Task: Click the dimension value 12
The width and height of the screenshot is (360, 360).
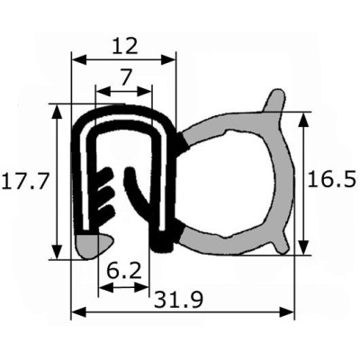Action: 125,46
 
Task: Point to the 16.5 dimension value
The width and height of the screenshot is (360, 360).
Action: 332,179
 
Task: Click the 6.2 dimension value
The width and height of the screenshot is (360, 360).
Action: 124,272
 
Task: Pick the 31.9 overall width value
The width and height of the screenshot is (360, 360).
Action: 179,300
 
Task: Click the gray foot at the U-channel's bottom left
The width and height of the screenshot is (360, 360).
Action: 93,246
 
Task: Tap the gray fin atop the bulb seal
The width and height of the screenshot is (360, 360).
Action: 273,102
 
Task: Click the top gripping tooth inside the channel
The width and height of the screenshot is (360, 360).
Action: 104,175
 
